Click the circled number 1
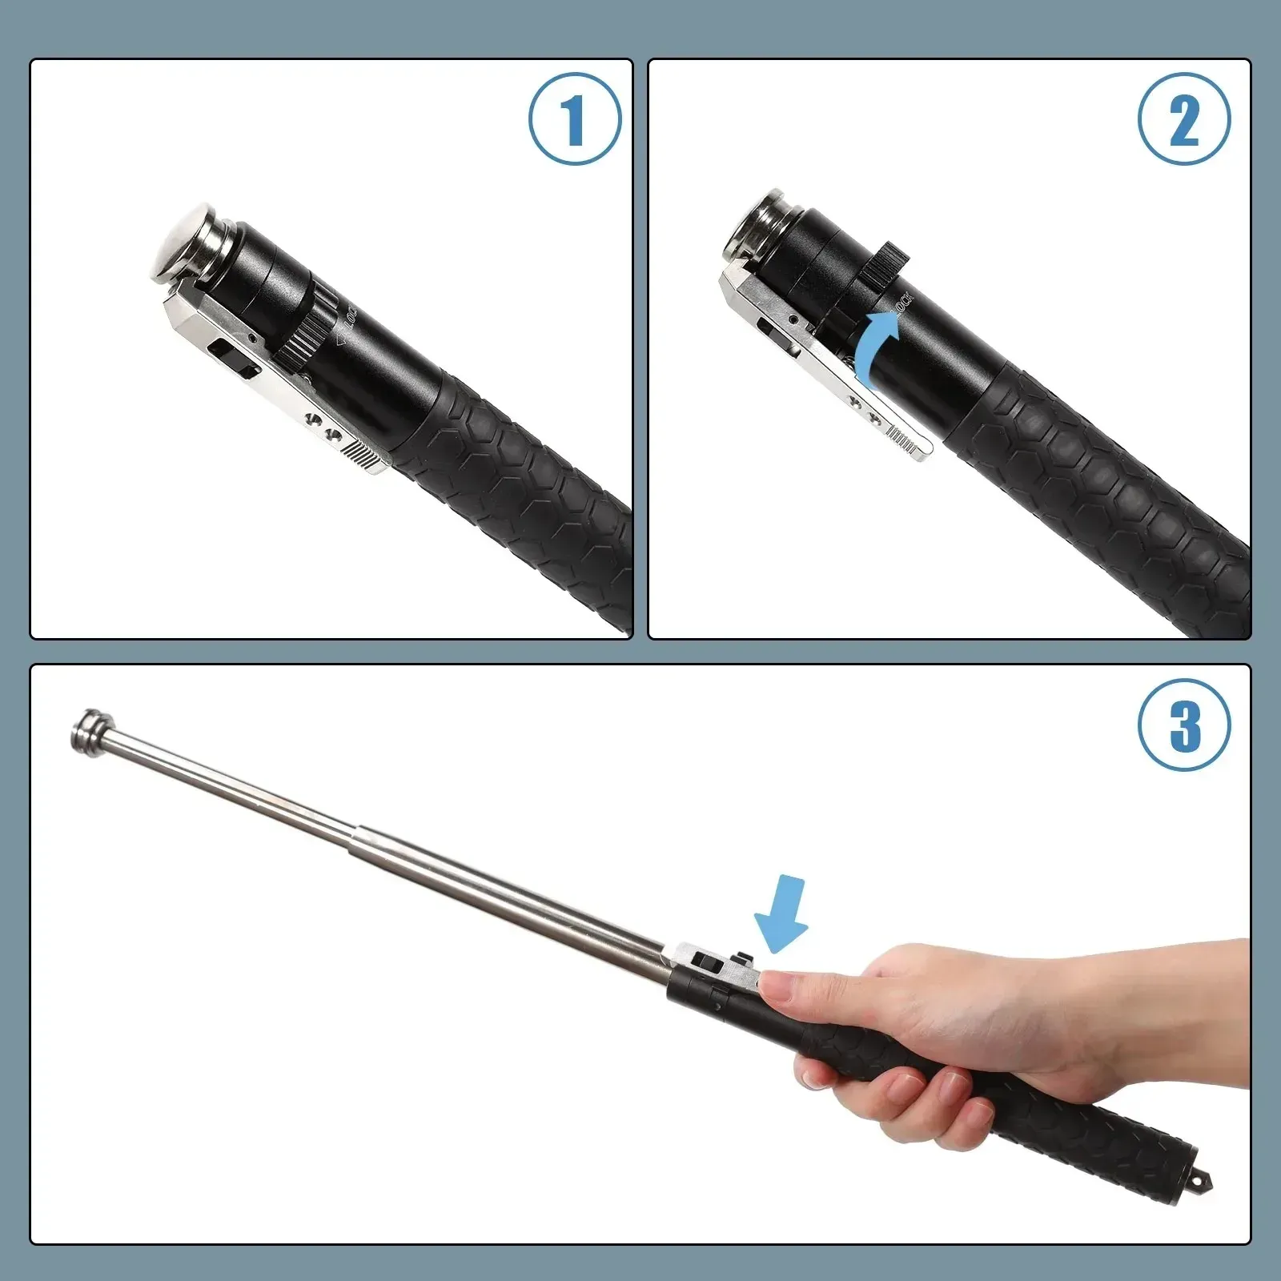click(x=574, y=120)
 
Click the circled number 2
click(x=1184, y=120)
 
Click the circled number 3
click(x=1184, y=725)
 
